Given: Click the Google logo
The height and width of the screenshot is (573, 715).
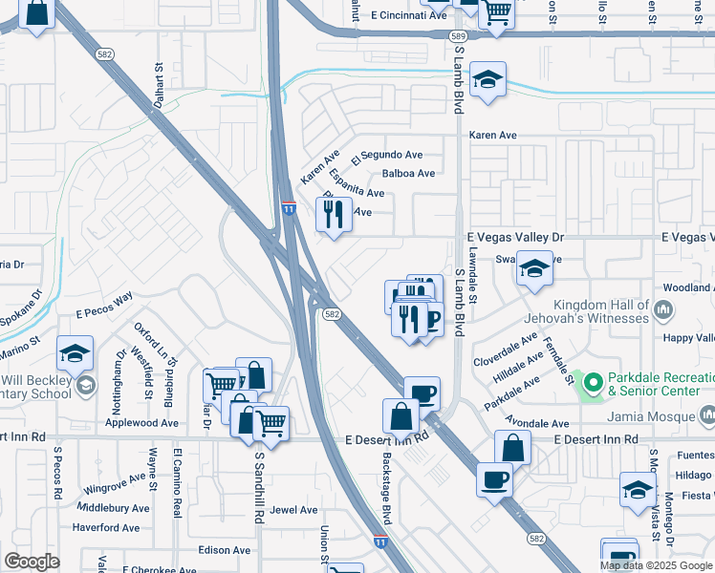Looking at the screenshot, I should pyautogui.click(x=32, y=562).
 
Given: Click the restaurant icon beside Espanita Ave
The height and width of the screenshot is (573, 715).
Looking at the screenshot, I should pyautogui.click(x=334, y=214).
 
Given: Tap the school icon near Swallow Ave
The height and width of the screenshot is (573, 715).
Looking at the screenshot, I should pyautogui.click(x=534, y=269).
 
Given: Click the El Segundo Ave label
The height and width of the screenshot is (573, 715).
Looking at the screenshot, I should pyautogui.click(x=386, y=155).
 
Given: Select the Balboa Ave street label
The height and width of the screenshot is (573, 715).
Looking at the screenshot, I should pyautogui.click(x=408, y=173).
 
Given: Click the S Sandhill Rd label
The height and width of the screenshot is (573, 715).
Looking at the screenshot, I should pyautogui.click(x=259, y=487).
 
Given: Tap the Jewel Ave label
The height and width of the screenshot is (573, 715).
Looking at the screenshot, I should pyautogui.click(x=293, y=510).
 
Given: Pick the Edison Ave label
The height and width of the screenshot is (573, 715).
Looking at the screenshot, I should pyautogui.click(x=225, y=550).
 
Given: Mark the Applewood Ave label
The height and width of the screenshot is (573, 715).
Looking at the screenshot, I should pyautogui.click(x=141, y=422).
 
